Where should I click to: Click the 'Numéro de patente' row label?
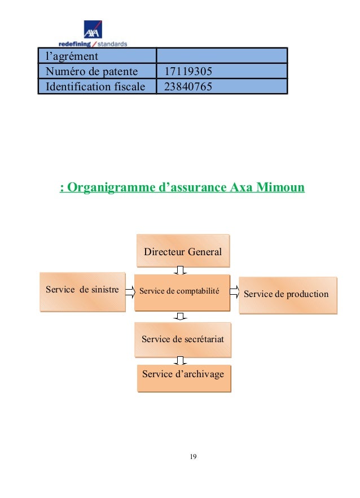87,71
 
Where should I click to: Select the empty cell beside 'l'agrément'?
221,56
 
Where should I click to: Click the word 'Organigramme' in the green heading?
111,187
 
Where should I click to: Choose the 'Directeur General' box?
183,251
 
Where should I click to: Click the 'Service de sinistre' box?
82,291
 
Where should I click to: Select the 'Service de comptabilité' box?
182,292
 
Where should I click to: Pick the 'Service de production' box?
288,295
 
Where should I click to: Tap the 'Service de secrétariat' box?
182,339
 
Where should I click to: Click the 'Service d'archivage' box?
183,375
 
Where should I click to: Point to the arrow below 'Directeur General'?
180,270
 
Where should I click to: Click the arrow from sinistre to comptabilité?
130,291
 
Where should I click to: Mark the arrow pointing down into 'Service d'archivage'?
180,361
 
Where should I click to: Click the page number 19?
193,457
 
